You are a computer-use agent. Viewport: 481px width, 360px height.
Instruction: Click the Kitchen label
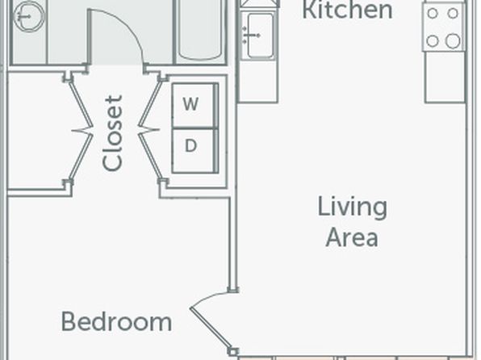point(347,10)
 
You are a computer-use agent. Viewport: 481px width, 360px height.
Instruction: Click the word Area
point(352,237)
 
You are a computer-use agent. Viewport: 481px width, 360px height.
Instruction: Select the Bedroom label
point(116,321)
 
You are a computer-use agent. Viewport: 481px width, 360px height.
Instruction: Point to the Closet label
point(112,133)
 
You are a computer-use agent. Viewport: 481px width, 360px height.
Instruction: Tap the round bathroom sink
point(29,16)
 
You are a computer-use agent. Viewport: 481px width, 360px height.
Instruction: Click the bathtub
point(200,31)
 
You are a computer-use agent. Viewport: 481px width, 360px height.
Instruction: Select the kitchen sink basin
point(261,36)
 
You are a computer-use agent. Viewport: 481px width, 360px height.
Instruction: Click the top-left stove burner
point(433,13)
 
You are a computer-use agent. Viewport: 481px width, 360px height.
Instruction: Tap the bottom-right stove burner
point(453,41)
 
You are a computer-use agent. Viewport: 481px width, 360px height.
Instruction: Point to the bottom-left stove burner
point(433,41)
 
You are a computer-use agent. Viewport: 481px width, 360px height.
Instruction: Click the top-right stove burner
point(453,13)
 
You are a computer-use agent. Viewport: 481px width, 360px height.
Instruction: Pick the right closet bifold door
point(150,130)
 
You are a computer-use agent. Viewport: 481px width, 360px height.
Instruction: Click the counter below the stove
point(445,77)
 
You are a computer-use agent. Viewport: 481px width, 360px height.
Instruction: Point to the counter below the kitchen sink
point(258,81)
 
